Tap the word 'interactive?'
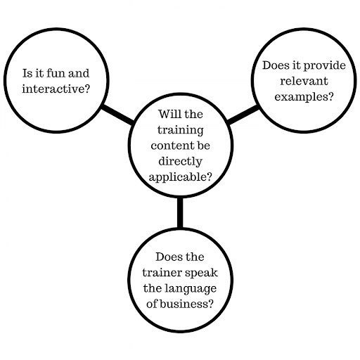coord(56,89)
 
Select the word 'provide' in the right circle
coord(325,66)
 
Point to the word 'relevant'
coord(304,81)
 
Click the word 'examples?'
coord(304,97)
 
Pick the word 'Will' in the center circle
coord(168,114)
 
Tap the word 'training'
coord(180,130)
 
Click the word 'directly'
coord(180,162)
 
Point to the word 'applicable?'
coord(180,177)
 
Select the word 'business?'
coord(186,304)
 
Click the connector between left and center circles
coord(118,115)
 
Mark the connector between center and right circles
coord(243,115)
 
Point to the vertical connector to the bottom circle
coord(180,213)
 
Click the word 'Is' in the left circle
coord(27,73)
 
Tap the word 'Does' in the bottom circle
coord(167,257)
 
